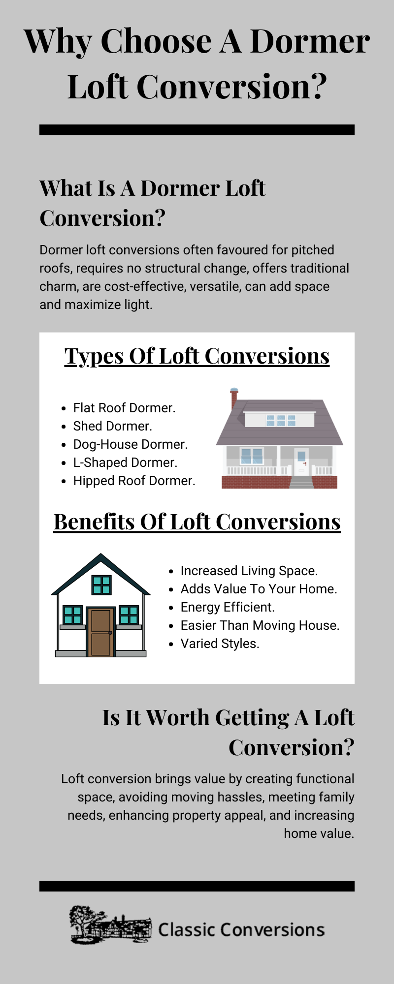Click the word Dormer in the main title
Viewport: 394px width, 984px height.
tap(310, 41)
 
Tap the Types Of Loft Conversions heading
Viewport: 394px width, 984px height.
tap(197, 356)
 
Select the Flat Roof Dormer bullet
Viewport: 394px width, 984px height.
tap(124, 408)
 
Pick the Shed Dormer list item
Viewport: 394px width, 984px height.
tap(112, 426)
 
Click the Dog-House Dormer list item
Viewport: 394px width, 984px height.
tap(131, 444)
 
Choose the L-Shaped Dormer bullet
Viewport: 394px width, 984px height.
tap(125, 462)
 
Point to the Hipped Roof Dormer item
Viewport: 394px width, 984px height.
tap(134, 481)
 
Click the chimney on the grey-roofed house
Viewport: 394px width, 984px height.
tap(234, 399)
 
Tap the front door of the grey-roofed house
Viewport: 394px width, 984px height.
tap(301, 462)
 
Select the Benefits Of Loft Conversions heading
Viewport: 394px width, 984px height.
tap(197, 522)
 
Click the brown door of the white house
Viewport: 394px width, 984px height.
tap(100, 632)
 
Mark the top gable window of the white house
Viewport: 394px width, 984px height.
tap(101, 585)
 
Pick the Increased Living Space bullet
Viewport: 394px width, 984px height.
tap(249, 571)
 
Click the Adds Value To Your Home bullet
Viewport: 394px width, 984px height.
tap(259, 589)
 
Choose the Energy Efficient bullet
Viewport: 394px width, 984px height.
tap(228, 607)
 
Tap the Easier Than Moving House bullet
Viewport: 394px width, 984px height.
tap(260, 625)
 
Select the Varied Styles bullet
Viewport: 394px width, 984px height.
tap(220, 644)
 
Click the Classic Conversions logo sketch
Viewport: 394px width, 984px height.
tap(110, 925)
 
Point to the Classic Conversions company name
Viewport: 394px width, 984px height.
tap(241, 930)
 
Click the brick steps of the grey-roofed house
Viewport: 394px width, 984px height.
tap(301, 482)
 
